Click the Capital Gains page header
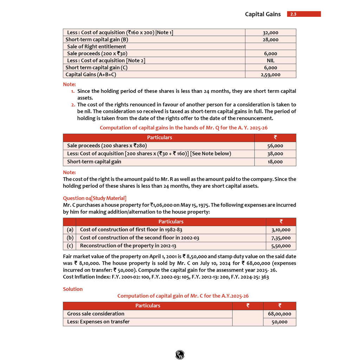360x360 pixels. (263, 14)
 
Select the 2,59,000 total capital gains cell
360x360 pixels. (270, 75)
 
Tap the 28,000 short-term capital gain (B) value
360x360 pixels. (270, 40)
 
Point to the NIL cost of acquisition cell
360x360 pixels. (270, 60)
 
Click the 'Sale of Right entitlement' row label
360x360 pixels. (96, 46)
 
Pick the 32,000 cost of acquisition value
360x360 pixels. (270, 33)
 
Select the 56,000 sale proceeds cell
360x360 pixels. (275, 146)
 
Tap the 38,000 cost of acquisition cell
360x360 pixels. (275, 154)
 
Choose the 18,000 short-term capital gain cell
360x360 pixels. (275, 162)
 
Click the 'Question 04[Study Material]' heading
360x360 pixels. (95, 198)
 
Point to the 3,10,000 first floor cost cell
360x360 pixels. (281, 230)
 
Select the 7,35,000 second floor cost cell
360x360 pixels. (281, 238)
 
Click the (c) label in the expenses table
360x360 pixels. (70, 246)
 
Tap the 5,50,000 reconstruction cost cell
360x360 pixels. (281, 246)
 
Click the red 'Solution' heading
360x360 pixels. (73, 289)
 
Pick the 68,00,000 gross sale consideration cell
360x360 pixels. (279, 314)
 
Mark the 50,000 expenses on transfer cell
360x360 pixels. (279, 322)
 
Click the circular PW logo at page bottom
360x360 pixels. (180, 355)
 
